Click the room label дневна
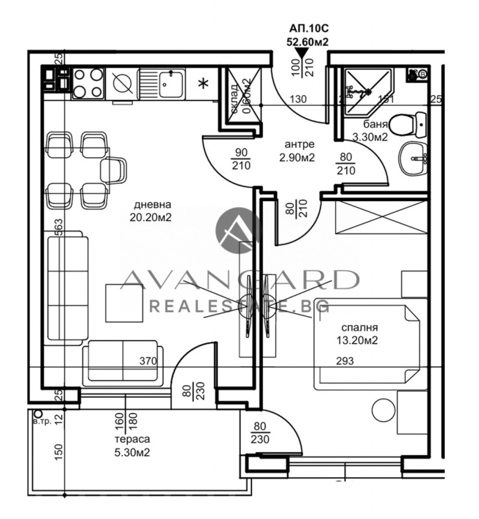coord(150,205)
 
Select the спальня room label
coord(359,328)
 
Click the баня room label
coord(376,125)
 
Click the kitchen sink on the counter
coord(162,84)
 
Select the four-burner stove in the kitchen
coord(87,83)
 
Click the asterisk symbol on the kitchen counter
coord(204,83)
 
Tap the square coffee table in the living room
coord(125,303)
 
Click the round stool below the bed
coord(383,411)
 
